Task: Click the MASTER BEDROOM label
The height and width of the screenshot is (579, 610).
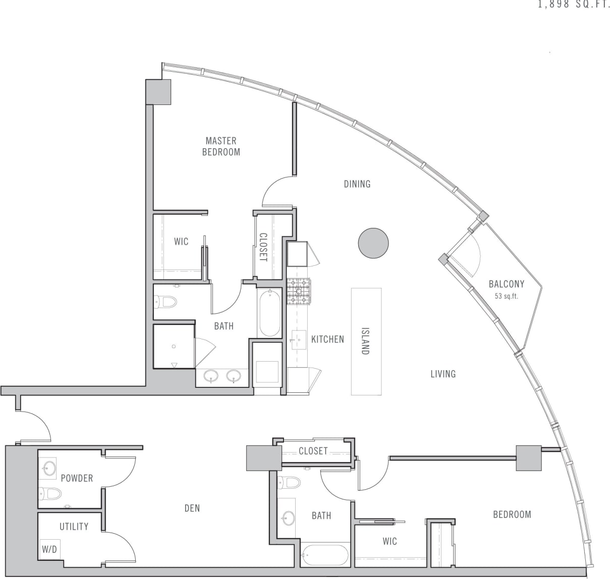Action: pos(221,146)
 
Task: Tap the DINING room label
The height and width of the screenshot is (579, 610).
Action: pos(357,184)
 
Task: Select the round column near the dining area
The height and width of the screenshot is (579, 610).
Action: pos(373,243)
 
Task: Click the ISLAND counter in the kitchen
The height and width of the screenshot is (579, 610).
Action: pos(366,341)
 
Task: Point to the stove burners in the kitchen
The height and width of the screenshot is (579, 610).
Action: pos(299,292)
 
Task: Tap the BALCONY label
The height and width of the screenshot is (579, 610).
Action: pos(507,284)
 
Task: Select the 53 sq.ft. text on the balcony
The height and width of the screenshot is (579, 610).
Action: pos(507,297)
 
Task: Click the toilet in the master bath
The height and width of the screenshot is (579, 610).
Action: pos(166,302)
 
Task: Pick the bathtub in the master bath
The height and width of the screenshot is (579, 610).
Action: pos(270,313)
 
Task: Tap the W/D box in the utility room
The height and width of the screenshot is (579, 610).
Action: pos(49,550)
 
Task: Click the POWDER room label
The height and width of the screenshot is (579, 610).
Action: pos(77,478)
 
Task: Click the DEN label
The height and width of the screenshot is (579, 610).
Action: pos(192,508)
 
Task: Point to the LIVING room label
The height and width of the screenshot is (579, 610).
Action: pos(443,374)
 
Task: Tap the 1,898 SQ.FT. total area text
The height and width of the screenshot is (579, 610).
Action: pos(574,6)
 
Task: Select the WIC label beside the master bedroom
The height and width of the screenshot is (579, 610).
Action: pos(181,242)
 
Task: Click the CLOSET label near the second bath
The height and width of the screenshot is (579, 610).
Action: pos(313,451)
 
